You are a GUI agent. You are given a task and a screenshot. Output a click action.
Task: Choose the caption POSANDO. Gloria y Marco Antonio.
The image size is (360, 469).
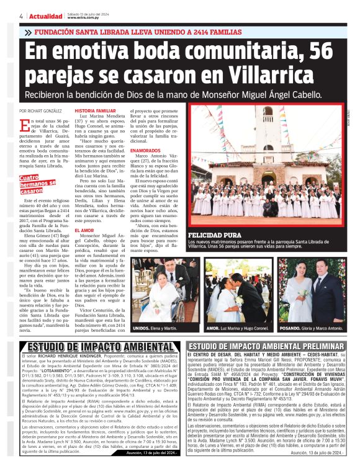[312, 326]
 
